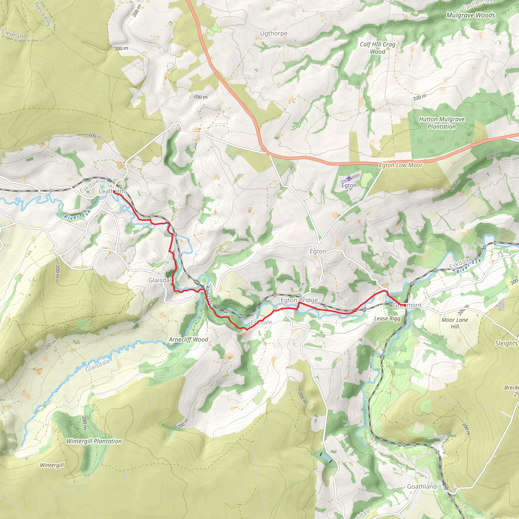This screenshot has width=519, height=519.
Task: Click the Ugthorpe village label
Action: [x=273, y=33]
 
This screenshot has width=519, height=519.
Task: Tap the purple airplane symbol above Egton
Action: [x=349, y=178]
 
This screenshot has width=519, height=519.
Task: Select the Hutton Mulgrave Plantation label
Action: [x=442, y=123]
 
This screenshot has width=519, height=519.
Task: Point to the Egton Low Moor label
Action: [x=401, y=165]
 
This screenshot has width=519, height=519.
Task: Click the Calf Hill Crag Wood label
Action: [x=377, y=48]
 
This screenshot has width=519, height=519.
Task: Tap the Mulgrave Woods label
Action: [x=471, y=15]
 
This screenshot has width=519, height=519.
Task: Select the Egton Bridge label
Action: [x=299, y=300]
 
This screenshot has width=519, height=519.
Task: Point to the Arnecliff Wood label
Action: [x=188, y=340]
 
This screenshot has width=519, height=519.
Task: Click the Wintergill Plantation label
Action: [x=94, y=441]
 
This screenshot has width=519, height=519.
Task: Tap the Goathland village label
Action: [x=422, y=487]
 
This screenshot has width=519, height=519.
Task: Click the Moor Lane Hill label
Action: [x=455, y=323]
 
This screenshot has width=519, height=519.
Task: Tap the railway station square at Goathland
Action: [x=444, y=484]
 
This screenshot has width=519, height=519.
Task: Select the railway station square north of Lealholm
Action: [x=109, y=180]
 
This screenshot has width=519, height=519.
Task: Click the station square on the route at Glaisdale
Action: [x=202, y=287]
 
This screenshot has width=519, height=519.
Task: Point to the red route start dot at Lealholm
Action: [x=114, y=192]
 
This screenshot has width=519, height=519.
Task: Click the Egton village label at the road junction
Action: [x=318, y=251]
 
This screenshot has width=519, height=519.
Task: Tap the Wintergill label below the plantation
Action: [x=52, y=465]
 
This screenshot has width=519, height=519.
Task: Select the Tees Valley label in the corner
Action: [x=43, y=13]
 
